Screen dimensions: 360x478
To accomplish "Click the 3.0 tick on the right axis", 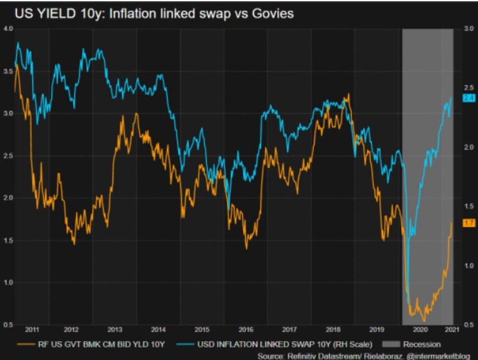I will coord(469,29).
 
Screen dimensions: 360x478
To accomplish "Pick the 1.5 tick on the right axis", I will coord(469,207).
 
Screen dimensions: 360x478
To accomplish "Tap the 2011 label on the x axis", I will coord(32,330).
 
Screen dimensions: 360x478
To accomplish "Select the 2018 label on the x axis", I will coord(333,330).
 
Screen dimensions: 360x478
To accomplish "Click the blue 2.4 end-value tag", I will coord(469,98).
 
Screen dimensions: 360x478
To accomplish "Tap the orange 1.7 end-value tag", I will coord(469,223).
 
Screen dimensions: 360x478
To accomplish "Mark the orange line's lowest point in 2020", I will coord(423,320).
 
